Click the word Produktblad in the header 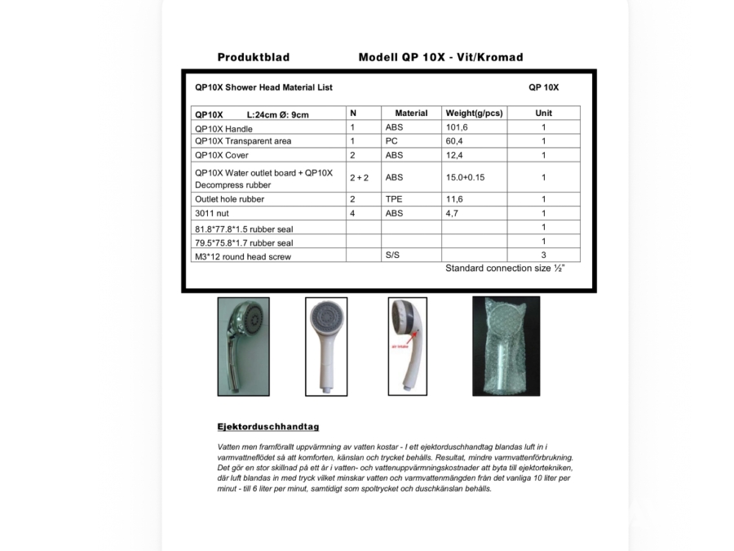(253, 57)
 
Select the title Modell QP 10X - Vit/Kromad (440, 57)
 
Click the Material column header (411, 113)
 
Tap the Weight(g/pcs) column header (473, 113)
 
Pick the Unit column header (543, 113)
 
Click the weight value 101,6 (457, 127)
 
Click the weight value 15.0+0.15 (465, 177)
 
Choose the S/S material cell (393, 256)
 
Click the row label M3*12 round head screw (242, 256)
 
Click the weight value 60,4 (455, 141)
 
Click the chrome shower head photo (243, 346)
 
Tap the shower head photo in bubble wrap (506, 346)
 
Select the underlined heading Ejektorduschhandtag (268, 427)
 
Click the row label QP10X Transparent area (242, 141)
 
